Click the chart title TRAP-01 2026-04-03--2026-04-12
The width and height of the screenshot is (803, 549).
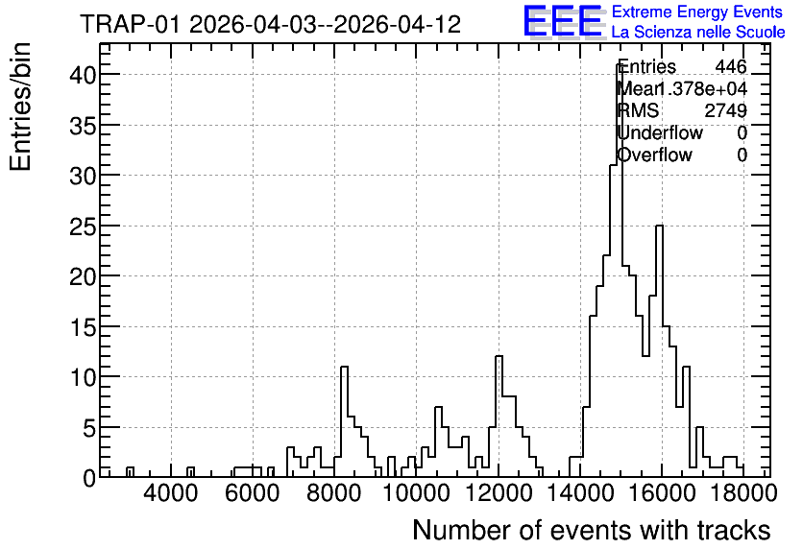(x=271, y=24)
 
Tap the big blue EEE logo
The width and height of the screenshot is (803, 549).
(x=563, y=22)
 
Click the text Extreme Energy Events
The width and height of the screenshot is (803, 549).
(x=697, y=12)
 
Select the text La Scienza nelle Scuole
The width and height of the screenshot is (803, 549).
(x=698, y=32)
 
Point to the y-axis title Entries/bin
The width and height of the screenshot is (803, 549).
(x=20, y=107)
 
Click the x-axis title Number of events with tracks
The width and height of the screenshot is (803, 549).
(x=592, y=530)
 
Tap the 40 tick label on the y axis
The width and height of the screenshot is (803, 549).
(x=83, y=75)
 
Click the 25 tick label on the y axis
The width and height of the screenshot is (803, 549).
(x=83, y=227)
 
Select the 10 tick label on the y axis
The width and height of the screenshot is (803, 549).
(x=83, y=377)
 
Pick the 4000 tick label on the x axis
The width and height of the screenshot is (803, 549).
(x=171, y=493)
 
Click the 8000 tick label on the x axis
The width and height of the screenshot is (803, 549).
(x=334, y=493)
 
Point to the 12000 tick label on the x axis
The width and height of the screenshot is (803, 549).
(x=498, y=493)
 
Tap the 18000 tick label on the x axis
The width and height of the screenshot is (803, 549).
(x=743, y=493)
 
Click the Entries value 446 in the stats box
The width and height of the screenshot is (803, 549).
(x=731, y=66)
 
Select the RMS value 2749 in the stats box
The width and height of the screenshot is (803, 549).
(x=725, y=110)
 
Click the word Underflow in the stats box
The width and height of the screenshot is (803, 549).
(x=660, y=132)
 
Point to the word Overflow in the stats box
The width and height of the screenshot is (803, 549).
(x=655, y=155)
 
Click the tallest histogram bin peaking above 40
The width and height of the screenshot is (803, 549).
(x=620, y=272)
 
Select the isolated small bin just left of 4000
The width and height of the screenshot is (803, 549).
(x=130, y=472)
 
